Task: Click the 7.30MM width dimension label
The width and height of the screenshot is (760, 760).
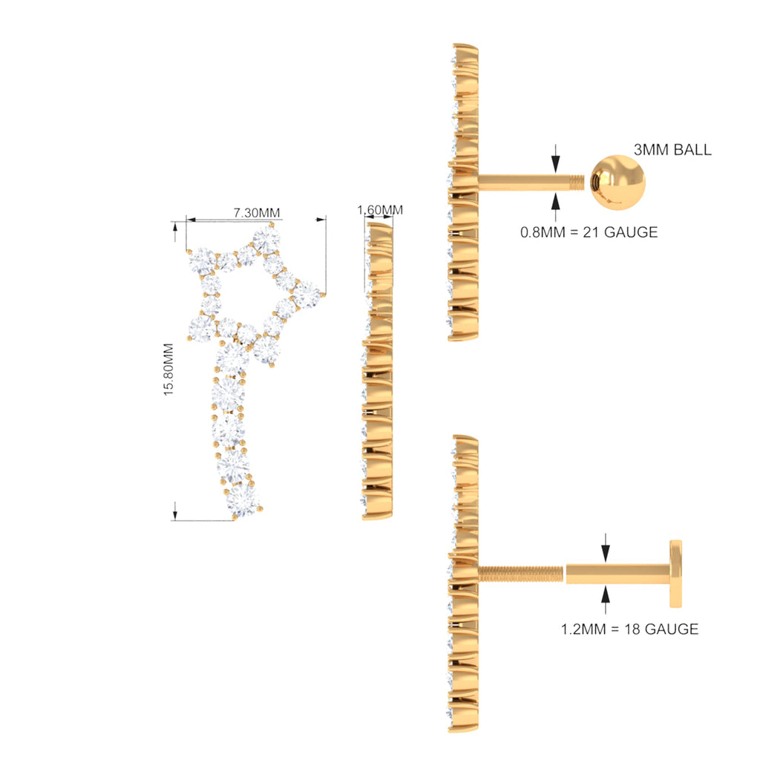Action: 256,213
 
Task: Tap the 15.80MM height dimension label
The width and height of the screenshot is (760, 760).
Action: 168,370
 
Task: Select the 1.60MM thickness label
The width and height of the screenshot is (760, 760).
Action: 380,210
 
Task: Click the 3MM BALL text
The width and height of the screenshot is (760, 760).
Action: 672,150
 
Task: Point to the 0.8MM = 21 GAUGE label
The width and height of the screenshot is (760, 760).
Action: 589,232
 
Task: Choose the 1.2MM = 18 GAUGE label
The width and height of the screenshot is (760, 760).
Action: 629,629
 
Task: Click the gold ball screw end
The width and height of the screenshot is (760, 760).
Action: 618,183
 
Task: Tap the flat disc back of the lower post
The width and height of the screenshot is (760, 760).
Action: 675,574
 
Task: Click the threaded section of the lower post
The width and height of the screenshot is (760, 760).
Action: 520,574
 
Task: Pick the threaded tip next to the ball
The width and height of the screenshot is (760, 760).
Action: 577,183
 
